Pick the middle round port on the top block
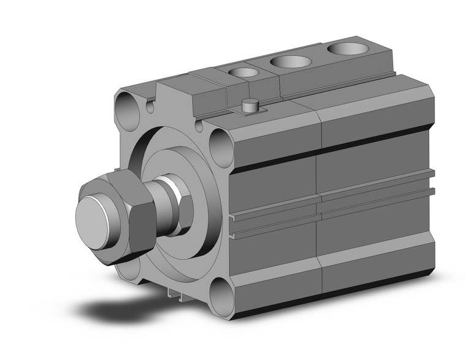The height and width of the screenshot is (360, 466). [290, 62]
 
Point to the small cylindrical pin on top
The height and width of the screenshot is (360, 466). [250, 105]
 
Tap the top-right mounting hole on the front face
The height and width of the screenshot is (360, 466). [219, 145]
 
